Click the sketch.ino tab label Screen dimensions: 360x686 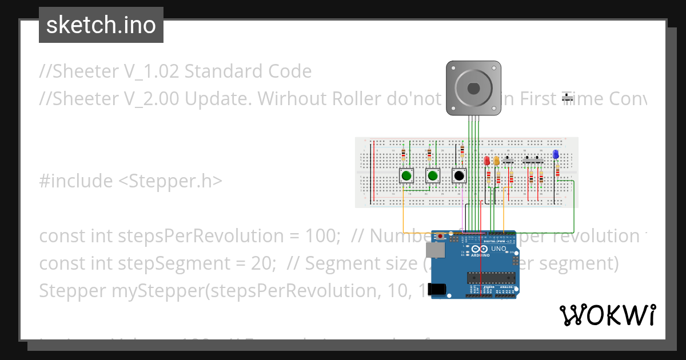(x=101, y=25)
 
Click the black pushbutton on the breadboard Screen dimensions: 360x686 (x=458, y=176)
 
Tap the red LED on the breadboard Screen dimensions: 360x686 (x=487, y=161)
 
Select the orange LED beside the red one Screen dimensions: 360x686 (x=496, y=161)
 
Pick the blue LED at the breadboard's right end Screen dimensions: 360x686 (x=556, y=154)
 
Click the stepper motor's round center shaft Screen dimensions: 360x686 (x=473, y=88)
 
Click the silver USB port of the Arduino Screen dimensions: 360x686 (x=435, y=250)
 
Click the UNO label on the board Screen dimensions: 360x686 (x=499, y=249)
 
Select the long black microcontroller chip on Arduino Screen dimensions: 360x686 (x=491, y=278)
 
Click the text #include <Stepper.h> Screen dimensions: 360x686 (x=131, y=181)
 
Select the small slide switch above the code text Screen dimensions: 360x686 (x=568, y=98)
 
